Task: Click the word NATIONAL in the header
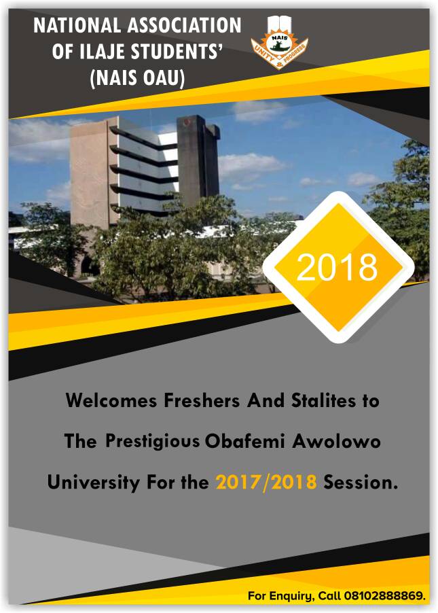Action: click(x=77, y=26)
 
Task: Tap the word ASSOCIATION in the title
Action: click(x=185, y=26)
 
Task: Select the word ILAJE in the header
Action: click(x=103, y=52)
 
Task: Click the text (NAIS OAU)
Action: click(x=137, y=77)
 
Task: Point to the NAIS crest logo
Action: click(x=279, y=43)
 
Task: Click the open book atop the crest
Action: click(x=279, y=24)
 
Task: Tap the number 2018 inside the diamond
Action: click(x=337, y=267)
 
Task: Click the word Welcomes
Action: click(x=111, y=400)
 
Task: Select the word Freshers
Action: click(x=201, y=400)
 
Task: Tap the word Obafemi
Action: click(x=245, y=441)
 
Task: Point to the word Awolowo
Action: click(x=336, y=441)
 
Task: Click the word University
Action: click(x=94, y=483)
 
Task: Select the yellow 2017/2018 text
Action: click(x=266, y=483)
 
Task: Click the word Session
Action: click(x=360, y=483)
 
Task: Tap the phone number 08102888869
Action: click(x=385, y=596)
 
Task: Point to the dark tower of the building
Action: click(x=198, y=160)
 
